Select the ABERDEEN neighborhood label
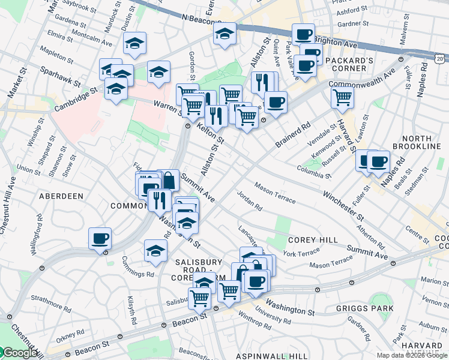(61, 196)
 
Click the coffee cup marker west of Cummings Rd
(100, 238)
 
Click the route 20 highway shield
(440, 58)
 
